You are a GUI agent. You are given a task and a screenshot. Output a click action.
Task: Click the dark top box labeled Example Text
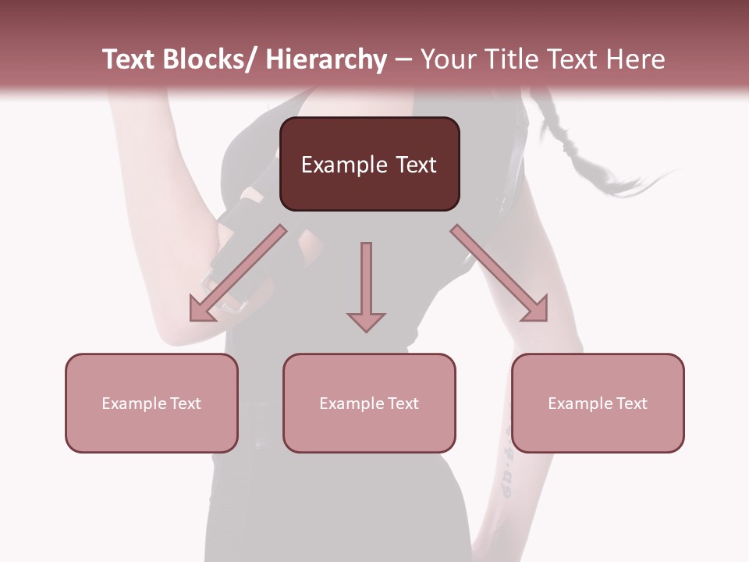(369, 164)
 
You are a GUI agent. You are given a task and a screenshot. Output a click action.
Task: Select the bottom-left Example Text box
(151, 403)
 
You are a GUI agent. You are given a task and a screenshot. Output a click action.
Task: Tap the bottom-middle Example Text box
(369, 403)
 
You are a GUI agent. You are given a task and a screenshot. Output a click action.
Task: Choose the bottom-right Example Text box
(598, 403)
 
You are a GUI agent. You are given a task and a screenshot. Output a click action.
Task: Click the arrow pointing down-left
(238, 273)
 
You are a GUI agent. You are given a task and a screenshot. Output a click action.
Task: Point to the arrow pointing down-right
(499, 273)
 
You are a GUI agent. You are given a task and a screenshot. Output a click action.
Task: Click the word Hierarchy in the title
(325, 59)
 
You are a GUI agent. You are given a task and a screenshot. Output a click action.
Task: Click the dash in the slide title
(403, 59)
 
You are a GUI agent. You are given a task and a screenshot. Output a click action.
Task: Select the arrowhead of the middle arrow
(366, 321)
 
